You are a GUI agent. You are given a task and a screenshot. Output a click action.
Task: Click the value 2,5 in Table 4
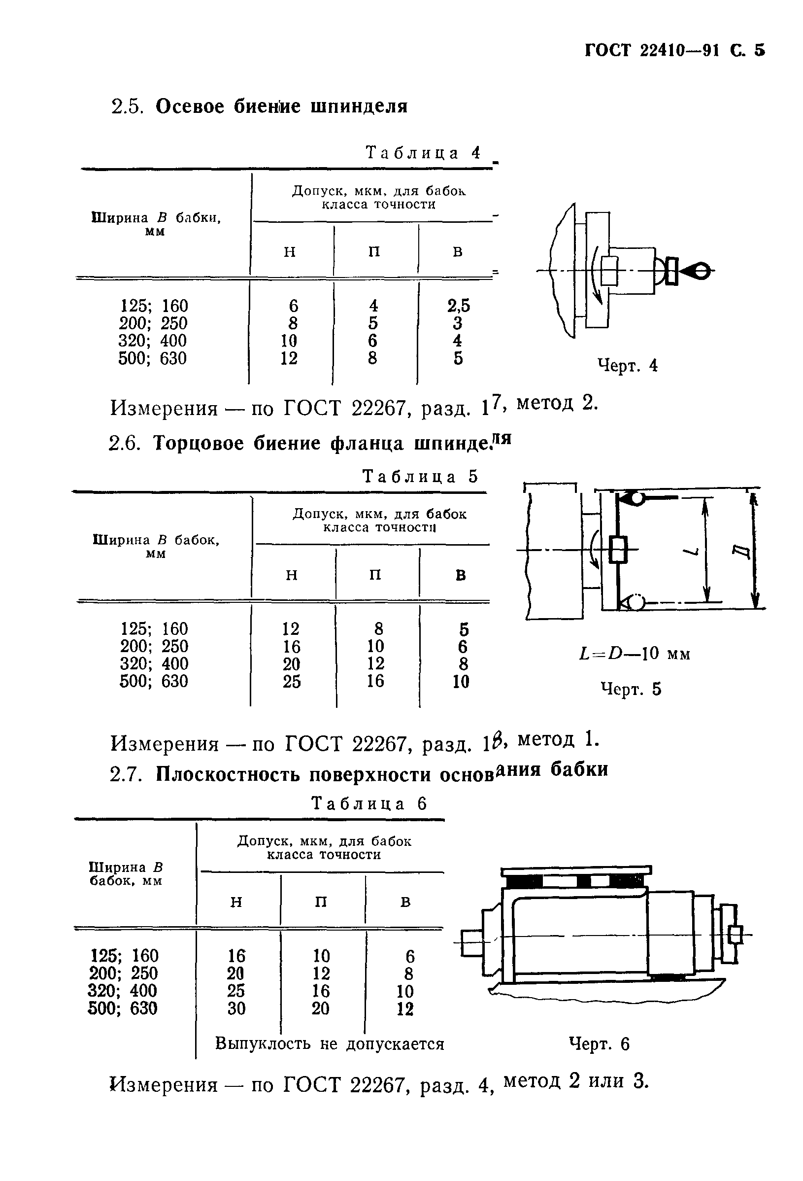tap(458, 306)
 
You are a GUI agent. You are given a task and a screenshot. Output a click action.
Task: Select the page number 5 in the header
tap(759, 50)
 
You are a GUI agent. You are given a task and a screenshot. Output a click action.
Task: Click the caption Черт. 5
tap(631, 689)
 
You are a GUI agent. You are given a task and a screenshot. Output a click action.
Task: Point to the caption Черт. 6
tap(600, 1043)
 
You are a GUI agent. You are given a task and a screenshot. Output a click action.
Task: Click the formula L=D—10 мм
tap(635, 653)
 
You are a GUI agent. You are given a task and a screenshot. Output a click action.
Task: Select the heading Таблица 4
tap(423, 152)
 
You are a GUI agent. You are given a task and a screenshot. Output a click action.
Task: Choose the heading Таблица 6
tap(369, 803)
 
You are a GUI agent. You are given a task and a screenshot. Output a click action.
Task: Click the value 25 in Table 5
tap(292, 681)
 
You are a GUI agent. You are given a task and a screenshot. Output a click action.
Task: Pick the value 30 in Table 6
tap(236, 1008)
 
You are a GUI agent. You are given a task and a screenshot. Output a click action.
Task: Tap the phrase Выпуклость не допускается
tap(330, 1043)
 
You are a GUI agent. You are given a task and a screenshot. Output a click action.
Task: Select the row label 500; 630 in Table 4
tap(152, 358)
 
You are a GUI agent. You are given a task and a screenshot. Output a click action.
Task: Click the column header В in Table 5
tap(460, 575)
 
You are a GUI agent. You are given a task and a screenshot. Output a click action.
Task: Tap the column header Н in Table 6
tap(236, 902)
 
